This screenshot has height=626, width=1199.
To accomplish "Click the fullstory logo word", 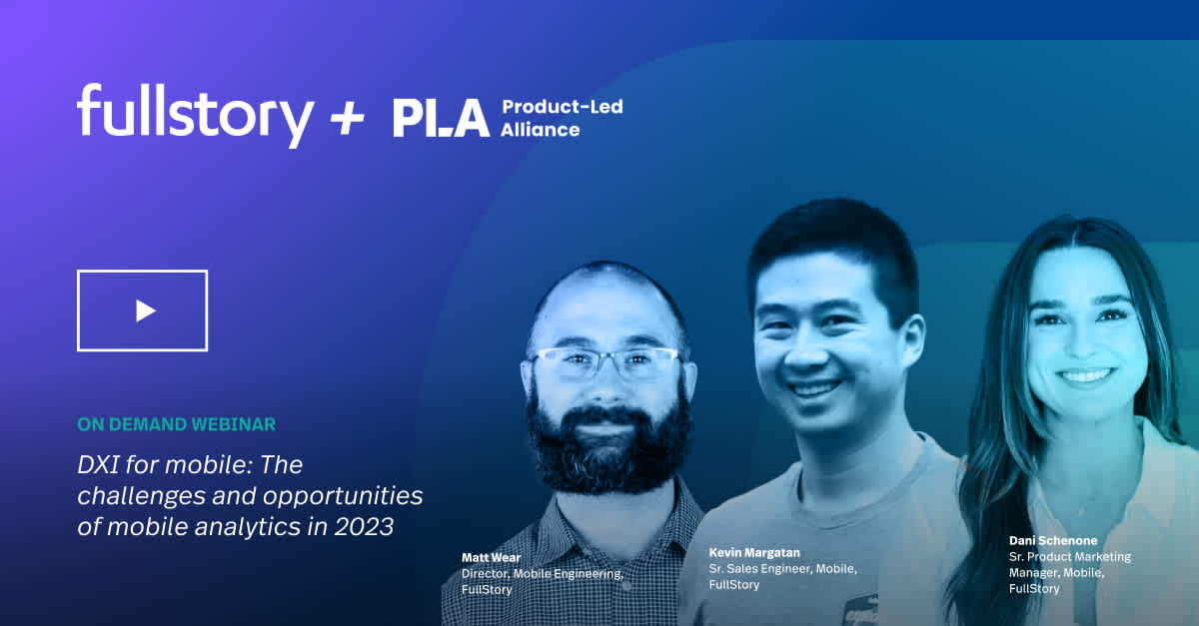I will click(x=195, y=114).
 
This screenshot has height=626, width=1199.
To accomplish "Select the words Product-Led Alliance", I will click(x=561, y=118).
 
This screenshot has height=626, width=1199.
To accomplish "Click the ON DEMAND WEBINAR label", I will click(x=176, y=424).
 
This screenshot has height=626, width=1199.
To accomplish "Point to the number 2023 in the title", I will click(x=366, y=526).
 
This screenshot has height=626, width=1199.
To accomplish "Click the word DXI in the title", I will click(x=103, y=464).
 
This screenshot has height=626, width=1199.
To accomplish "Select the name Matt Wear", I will click(x=491, y=557).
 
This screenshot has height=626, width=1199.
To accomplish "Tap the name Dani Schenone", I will click(x=1052, y=540).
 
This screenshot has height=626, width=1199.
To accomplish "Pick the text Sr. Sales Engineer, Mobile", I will click(x=782, y=568).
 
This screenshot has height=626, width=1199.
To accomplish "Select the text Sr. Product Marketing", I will click(x=1069, y=556).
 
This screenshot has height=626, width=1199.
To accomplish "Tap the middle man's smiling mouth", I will click(x=816, y=388).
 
